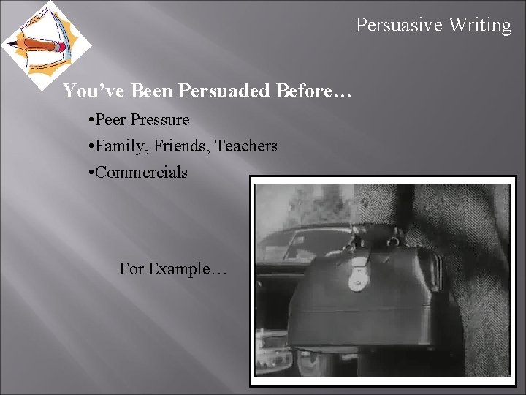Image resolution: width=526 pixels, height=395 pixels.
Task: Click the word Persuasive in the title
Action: click(x=399, y=25)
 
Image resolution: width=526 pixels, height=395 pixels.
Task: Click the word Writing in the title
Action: click(x=480, y=25)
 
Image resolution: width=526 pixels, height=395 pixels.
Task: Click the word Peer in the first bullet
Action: click(x=110, y=119)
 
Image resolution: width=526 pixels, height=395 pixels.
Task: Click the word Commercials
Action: click(x=141, y=172)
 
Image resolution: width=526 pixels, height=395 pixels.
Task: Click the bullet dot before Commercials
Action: click(x=88, y=173)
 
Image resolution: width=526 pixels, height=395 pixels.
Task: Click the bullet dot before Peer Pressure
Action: click(x=88, y=120)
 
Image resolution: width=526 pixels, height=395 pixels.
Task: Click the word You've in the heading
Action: click(x=87, y=91)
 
